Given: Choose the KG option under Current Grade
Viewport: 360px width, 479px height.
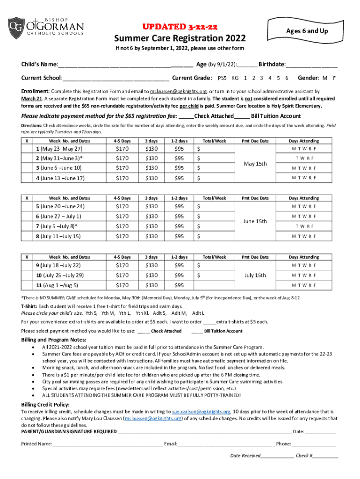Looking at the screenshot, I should point(235,78).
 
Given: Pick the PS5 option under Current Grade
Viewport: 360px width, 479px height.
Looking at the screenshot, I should point(223,78).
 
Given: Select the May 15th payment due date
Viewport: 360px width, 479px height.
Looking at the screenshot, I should point(255,164).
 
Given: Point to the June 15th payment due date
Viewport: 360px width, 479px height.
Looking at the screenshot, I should point(255,221).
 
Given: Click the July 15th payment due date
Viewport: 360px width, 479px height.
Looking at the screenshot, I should point(255,275).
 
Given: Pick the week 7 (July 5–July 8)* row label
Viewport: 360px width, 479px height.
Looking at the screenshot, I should point(57,226).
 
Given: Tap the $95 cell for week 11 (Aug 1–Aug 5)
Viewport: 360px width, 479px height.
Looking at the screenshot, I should point(179,285).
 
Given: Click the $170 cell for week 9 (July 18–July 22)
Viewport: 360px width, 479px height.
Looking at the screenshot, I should point(122,266).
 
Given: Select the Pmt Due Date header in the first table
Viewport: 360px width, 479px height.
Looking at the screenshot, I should point(255,141).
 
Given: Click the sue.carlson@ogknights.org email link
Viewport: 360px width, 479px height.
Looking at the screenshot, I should point(201,412).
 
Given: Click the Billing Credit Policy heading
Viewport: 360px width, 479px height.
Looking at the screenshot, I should point(45,404).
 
